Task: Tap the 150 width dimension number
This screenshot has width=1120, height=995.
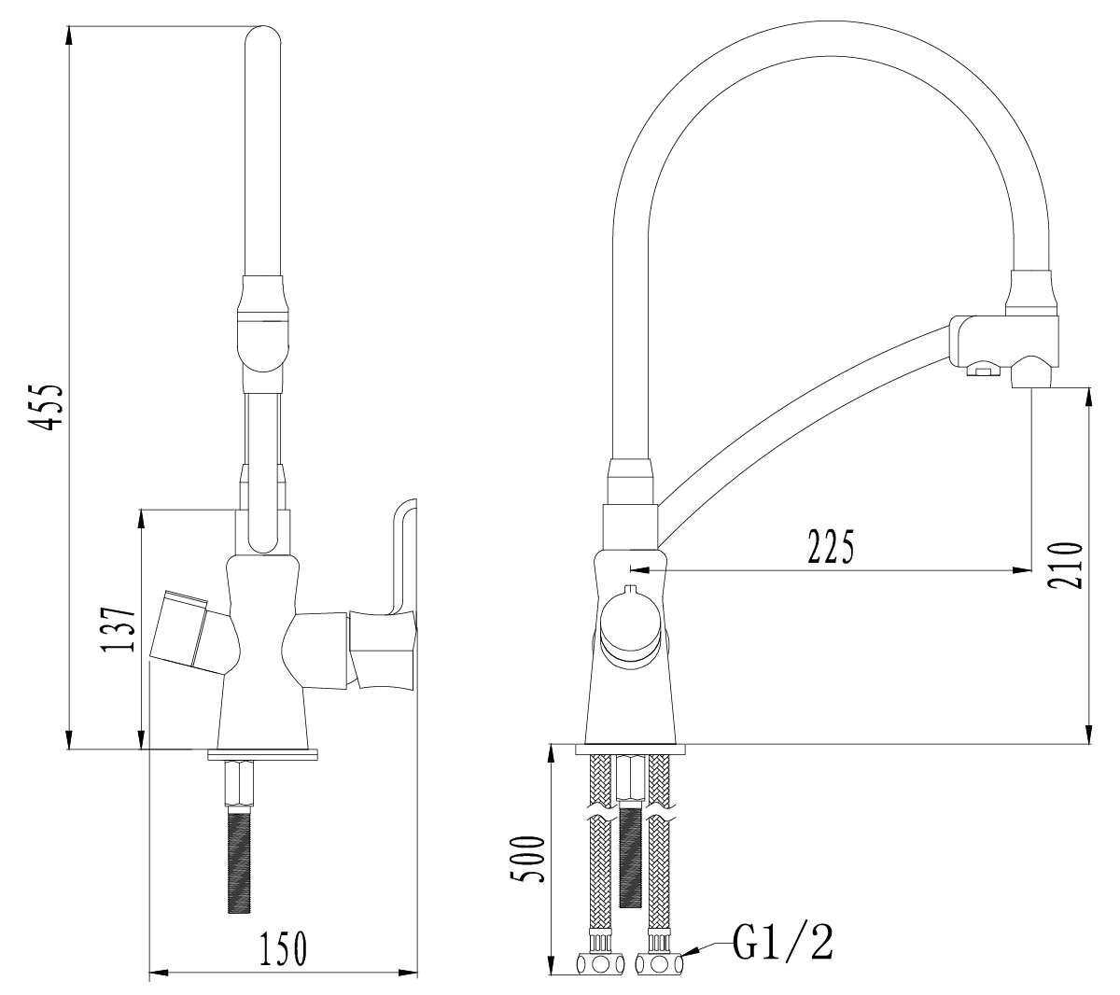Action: pyautogui.click(x=284, y=948)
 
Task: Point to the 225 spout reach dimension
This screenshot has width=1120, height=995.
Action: pyautogui.click(x=831, y=547)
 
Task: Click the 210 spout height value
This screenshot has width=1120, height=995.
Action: pyautogui.click(x=1065, y=565)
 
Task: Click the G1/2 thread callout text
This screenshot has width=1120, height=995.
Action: pyautogui.click(x=783, y=942)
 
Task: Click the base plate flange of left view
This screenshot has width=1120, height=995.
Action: pyautogui.click(x=263, y=753)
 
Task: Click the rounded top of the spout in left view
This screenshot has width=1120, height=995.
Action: pyautogui.click(x=263, y=41)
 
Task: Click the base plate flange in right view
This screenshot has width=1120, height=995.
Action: pyautogui.click(x=631, y=749)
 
